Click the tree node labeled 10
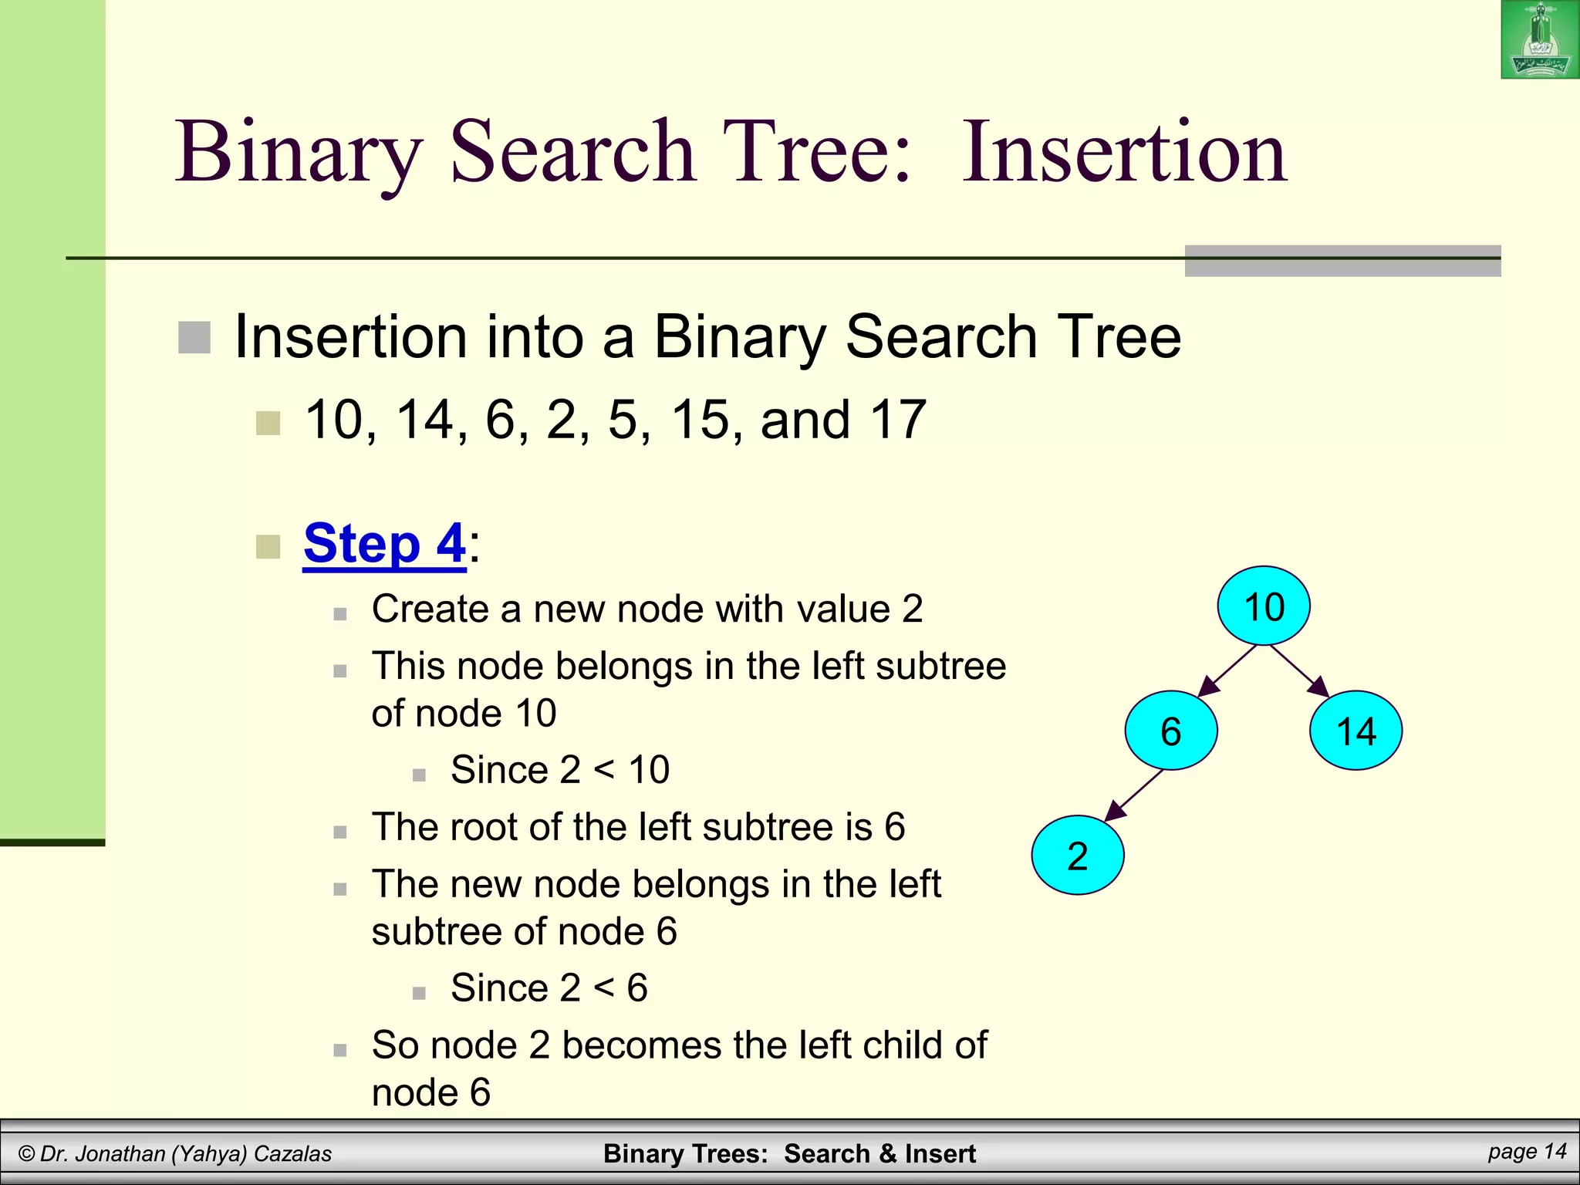pyautogui.click(x=1264, y=606)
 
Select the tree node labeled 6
pyautogui.click(x=1171, y=731)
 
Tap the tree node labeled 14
pyautogui.click(x=1355, y=731)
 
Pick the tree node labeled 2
pyautogui.click(x=1078, y=856)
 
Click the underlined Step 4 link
pyautogui.click(x=384, y=544)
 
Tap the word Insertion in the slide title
pyautogui.click(x=1124, y=152)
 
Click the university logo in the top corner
pyautogui.click(x=1540, y=39)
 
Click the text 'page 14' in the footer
pyautogui.click(x=1527, y=1152)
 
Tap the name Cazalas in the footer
pyautogui.click(x=292, y=1154)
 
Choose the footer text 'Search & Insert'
pyautogui.click(x=879, y=1154)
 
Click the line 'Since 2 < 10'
pyautogui.click(x=560, y=770)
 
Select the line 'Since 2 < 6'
pyautogui.click(x=549, y=988)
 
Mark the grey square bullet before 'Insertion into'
pyautogui.click(x=194, y=338)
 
